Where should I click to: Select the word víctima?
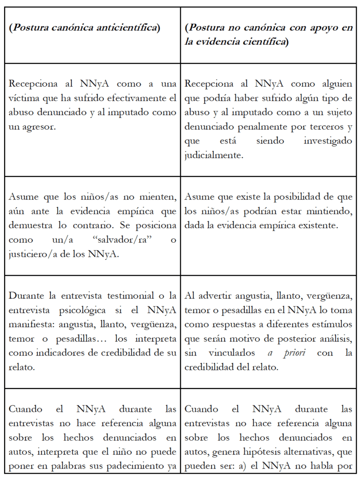tap(25, 98)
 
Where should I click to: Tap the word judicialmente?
tap(214, 155)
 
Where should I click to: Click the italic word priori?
tap(294, 352)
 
